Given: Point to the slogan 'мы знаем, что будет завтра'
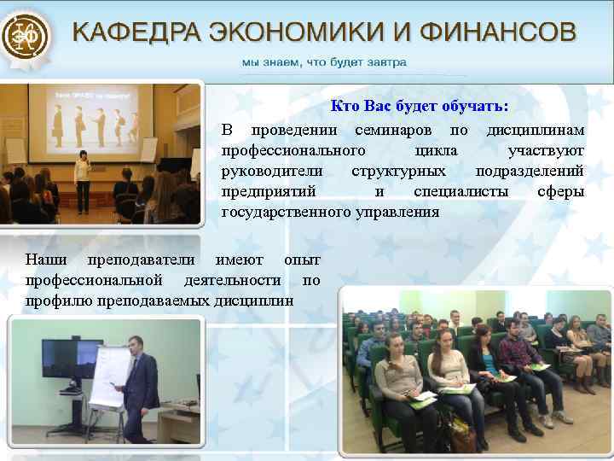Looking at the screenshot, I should tap(325, 62).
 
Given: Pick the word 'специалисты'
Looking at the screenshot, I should tap(461, 191).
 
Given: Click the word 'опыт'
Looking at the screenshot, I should tap(302, 260).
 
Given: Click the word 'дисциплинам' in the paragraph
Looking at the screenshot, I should tap(536, 130).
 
